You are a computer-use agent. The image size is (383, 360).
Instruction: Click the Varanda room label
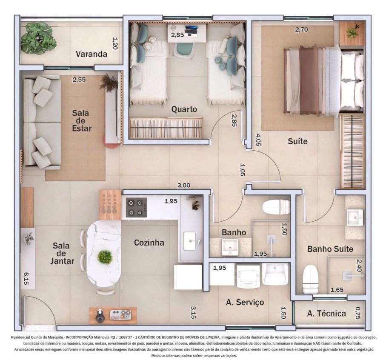91,54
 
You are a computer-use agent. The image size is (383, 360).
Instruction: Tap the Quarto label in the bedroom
184,109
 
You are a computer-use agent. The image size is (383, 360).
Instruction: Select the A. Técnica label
326,313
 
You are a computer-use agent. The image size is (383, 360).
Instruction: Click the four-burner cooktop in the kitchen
136,207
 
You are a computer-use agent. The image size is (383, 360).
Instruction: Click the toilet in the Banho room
276,207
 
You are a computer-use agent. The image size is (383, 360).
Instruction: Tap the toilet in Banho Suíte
310,279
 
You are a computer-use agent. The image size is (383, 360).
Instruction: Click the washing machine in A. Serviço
248,276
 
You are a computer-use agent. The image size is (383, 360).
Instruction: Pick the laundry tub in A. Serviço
275,274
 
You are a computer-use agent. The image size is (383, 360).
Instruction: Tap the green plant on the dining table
105,257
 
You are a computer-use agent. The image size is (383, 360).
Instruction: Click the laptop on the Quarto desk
191,30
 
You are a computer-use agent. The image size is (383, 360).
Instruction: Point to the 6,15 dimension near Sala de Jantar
26,279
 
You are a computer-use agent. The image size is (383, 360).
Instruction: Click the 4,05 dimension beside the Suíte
258,140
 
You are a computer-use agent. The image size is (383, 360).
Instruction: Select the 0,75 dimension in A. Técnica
357,313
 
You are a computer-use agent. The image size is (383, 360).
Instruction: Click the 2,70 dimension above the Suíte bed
301,30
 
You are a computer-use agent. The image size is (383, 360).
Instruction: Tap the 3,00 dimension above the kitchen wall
184,186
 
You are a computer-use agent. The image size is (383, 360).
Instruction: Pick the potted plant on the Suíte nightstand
353,31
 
